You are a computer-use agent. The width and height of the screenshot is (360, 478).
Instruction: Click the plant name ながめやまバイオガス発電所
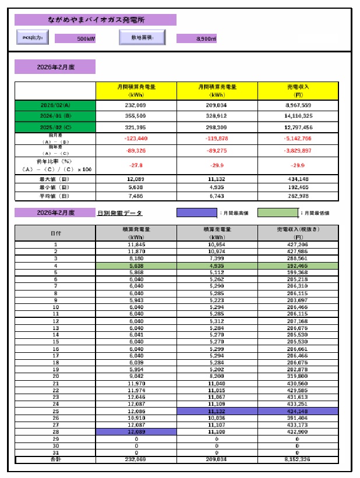pos(95,20)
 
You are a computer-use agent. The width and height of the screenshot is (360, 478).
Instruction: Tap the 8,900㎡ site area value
pos(196,39)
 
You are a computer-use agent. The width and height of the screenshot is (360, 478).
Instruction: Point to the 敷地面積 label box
pos(142,38)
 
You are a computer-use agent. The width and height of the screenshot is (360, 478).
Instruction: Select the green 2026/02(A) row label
pos(55,105)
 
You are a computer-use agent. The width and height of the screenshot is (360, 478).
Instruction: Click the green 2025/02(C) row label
pos(55,126)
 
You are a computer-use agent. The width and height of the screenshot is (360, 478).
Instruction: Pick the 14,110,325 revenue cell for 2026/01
pos(299,116)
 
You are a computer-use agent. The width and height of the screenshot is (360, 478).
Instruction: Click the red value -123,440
pos(136,139)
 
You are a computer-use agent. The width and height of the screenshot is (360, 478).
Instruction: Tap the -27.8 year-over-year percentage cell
pos(136,165)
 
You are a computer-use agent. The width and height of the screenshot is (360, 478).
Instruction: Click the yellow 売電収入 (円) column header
pos(298,90)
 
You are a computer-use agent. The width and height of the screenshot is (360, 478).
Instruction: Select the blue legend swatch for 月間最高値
pos(196,213)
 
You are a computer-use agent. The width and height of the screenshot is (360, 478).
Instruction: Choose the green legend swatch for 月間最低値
pos(277,213)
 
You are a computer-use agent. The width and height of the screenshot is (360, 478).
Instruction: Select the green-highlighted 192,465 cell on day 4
pos(298,265)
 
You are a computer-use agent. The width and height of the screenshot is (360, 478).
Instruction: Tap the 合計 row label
pos(55,459)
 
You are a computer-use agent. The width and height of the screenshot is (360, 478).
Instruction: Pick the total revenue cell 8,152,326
pos(298,459)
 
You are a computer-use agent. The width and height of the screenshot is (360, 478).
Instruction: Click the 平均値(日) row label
pos(55,196)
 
